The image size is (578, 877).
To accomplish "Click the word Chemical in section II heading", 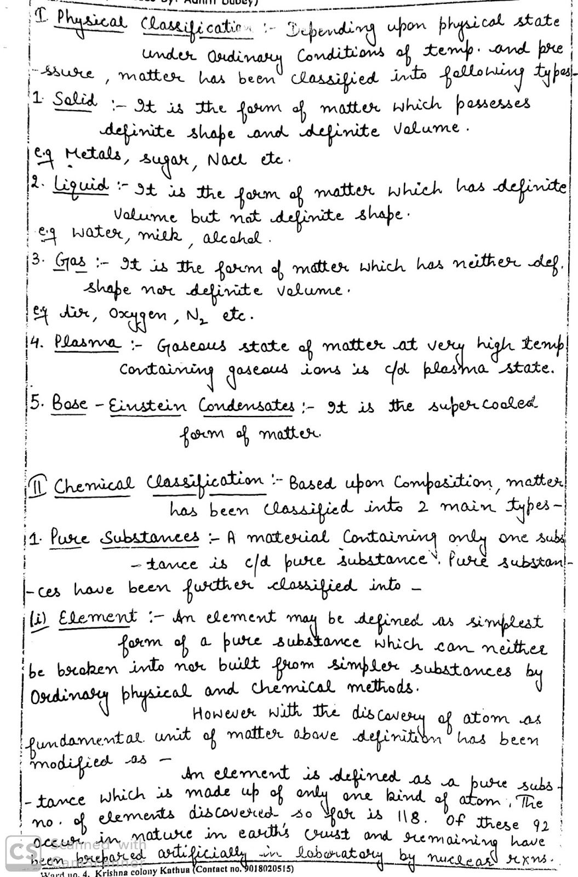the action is point(93,485).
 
